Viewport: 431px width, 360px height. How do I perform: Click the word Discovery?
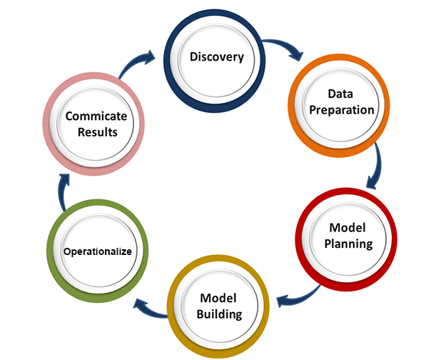(x=217, y=56)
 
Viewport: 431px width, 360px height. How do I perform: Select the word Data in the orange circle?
(x=342, y=94)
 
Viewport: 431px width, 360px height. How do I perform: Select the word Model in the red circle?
(x=348, y=228)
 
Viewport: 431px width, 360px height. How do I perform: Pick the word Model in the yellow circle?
(x=218, y=298)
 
